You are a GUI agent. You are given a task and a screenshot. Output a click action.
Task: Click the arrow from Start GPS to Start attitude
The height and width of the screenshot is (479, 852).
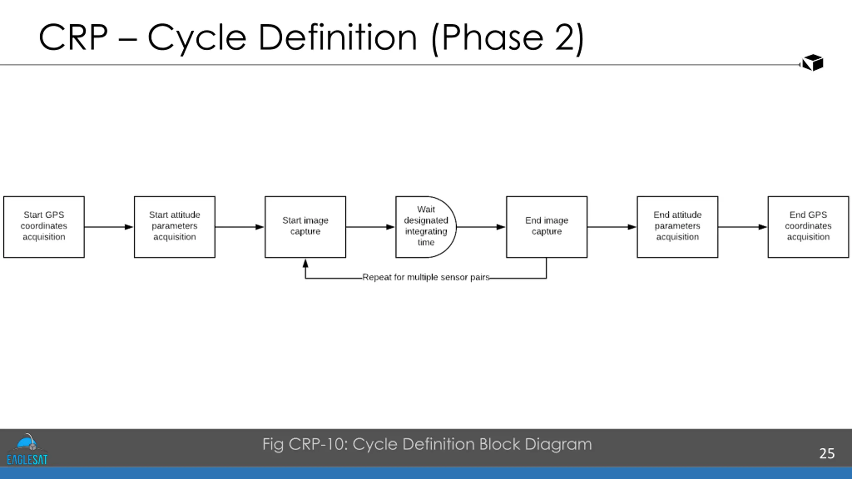109,227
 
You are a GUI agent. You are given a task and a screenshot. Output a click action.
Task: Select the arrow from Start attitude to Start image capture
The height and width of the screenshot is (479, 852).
240,227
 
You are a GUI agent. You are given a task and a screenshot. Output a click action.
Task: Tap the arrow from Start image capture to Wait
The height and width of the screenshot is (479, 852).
371,227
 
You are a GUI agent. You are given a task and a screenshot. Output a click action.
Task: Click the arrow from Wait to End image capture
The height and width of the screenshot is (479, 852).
481,227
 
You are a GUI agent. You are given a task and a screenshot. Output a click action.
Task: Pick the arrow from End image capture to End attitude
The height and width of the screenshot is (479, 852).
612,227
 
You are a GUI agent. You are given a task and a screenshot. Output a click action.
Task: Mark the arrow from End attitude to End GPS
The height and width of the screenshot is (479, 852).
743,227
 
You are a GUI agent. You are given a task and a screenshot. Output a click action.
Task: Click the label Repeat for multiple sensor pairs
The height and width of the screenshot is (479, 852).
426,277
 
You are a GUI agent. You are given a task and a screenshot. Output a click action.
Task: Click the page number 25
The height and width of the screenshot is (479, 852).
827,453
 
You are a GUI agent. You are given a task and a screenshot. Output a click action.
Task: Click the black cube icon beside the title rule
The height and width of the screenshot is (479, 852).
812,63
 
